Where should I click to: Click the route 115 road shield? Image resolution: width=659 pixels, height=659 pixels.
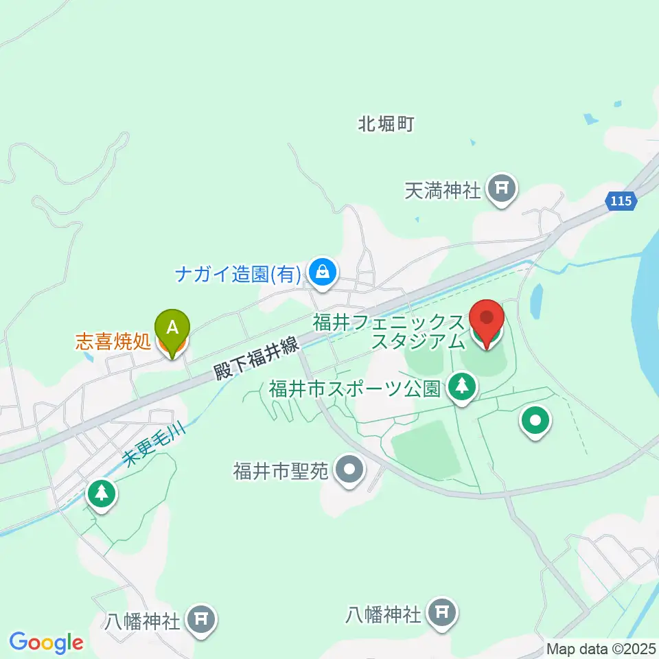(x=622, y=200)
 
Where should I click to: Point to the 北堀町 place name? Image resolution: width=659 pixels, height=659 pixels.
(x=387, y=124)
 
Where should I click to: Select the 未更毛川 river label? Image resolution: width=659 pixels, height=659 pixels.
(x=147, y=449)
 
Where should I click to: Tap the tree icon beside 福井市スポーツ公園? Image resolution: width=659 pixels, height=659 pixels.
(x=463, y=388)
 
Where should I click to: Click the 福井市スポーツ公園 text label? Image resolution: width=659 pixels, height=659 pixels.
(x=354, y=389)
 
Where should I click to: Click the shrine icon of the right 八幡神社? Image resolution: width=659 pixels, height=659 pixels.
(x=442, y=612)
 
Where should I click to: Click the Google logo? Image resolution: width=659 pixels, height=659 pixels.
(x=46, y=643)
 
